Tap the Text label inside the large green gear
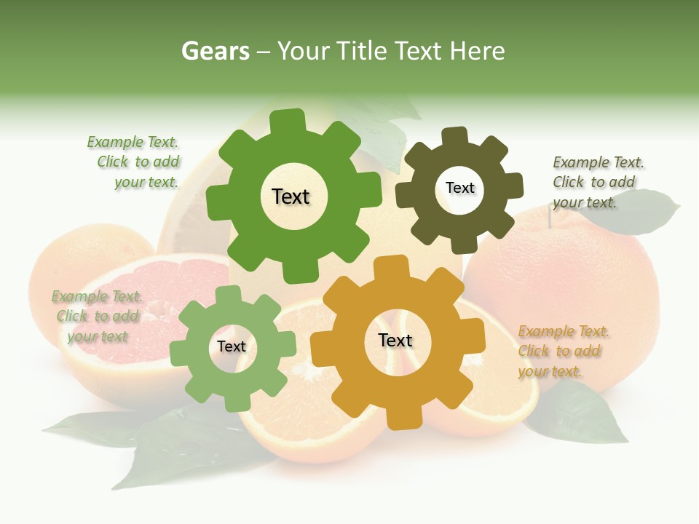[x=291, y=196]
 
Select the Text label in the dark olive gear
[x=459, y=188]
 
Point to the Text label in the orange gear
[x=395, y=341]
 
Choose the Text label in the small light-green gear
[x=232, y=347]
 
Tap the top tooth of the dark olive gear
[x=454, y=136]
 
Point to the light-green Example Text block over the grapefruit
[x=95, y=317]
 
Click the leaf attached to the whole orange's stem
[x=641, y=211]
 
